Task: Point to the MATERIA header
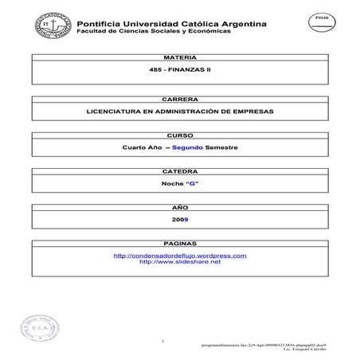179,59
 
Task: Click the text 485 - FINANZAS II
179,72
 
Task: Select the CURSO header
179,135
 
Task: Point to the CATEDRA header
179,171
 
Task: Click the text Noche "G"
179,184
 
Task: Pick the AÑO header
179,205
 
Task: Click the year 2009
179,218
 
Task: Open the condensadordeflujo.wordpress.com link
180,255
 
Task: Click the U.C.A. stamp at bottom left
44,328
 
